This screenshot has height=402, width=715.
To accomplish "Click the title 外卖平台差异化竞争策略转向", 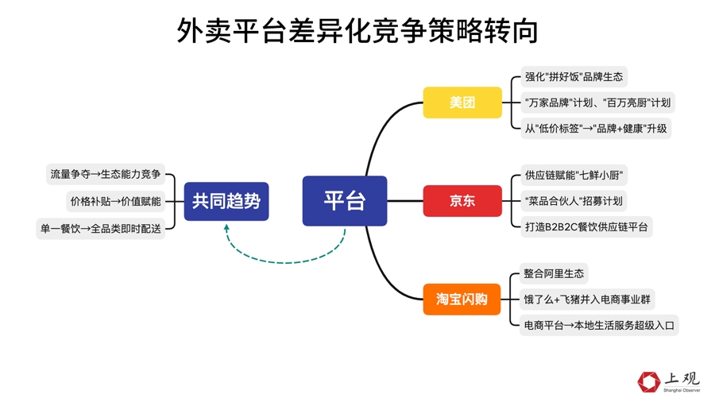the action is (x=357, y=30).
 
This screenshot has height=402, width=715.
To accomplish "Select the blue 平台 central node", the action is (x=345, y=200).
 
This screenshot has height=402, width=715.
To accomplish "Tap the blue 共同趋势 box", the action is (x=226, y=202).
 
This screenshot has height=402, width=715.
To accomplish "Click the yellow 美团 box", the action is (x=462, y=102).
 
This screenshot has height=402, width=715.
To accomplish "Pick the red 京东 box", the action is (x=462, y=200).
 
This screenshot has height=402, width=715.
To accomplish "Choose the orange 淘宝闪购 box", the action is (x=462, y=299).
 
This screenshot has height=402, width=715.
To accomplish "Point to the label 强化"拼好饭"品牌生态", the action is (x=574, y=76).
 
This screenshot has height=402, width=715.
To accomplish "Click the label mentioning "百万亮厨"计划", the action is (x=597, y=102).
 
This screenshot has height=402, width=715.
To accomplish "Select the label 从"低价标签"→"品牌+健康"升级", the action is (x=596, y=129).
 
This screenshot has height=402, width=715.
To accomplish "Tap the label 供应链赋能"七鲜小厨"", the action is (x=574, y=175).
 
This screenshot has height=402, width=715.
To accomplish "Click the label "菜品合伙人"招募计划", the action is (x=574, y=201).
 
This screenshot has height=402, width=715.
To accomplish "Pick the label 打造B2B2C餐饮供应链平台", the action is (x=586, y=227).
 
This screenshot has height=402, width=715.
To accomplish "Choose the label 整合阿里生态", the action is (x=554, y=273).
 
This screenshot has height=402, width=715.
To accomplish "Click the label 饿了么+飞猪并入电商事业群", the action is (x=587, y=300).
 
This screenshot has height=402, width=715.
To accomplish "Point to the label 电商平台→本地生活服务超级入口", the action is (x=599, y=326).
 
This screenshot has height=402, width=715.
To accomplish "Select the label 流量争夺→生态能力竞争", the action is (x=106, y=174).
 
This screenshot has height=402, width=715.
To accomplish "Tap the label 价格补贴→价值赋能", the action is (x=116, y=202).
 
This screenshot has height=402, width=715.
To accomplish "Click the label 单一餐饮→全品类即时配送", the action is (x=100, y=229).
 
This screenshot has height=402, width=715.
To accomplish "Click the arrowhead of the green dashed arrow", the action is (x=226, y=226).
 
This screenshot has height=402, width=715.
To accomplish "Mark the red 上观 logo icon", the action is (x=649, y=382).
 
